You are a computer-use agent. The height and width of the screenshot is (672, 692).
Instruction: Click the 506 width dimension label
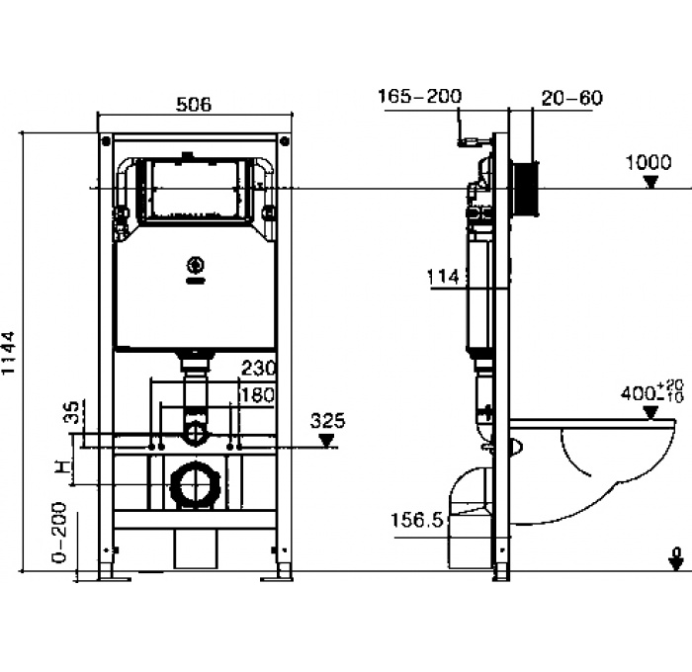(x=193, y=104)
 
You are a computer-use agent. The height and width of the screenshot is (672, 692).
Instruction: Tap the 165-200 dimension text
(x=419, y=96)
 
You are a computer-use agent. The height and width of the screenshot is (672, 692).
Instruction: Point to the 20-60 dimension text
(x=571, y=97)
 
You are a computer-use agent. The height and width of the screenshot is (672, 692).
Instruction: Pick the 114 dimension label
(x=444, y=278)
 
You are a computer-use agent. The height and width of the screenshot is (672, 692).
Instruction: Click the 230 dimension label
(x=257, y=367)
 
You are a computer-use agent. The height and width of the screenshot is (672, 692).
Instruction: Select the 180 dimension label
(x=257, y=395)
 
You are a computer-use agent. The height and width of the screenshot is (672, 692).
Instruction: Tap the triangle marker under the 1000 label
(x=649, y=181)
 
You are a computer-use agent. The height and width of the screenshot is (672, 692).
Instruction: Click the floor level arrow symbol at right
(x=676, y=559)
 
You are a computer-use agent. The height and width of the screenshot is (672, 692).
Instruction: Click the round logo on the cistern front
(x=195, y=265)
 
